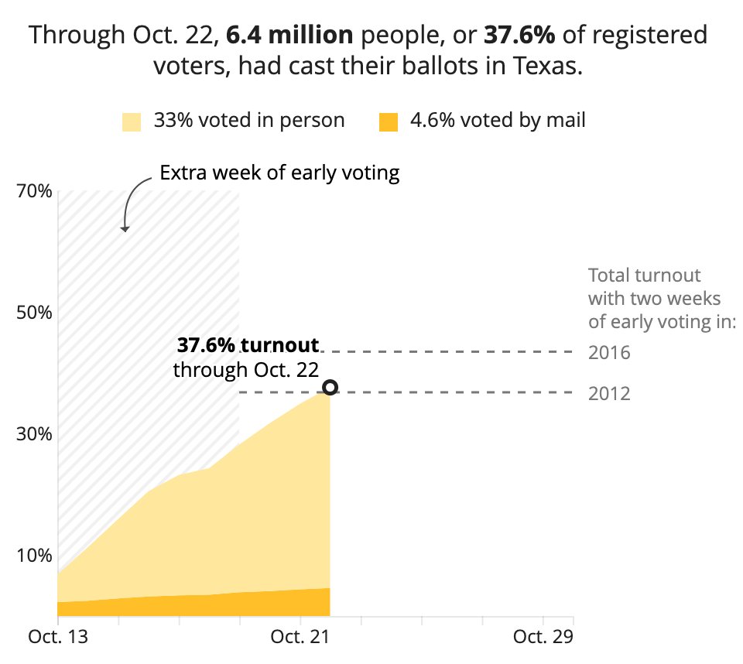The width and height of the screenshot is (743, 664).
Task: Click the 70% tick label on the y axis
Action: tap(33, 191)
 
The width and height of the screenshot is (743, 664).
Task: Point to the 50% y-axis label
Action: tap(33, 313)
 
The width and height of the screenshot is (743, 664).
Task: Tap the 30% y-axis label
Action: tap(33, 434)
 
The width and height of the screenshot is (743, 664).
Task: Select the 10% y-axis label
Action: tap(33, 555)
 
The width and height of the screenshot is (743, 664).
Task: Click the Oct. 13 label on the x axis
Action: tap(58, 637)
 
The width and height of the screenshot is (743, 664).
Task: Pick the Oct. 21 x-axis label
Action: tap(300, 637)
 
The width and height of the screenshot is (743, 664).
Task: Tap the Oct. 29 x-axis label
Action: tap(543, 637)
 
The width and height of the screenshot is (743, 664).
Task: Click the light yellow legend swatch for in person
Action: tap(132, 122)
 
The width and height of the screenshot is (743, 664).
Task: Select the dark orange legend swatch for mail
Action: tap(388, 122)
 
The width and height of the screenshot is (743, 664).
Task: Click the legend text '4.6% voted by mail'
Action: tap(498, 121)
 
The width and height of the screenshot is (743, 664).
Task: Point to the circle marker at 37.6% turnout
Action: tap(330, 387)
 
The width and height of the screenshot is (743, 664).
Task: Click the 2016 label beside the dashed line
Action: tap(609, 354)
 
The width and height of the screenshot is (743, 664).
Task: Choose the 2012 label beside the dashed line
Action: tap(609, 394)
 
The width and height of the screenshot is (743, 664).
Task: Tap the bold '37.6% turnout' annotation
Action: tap(248, 345)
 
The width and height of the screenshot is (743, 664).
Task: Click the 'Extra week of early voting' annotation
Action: tap(279, 173)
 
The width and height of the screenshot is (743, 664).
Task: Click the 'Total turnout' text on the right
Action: tap(644, 276)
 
